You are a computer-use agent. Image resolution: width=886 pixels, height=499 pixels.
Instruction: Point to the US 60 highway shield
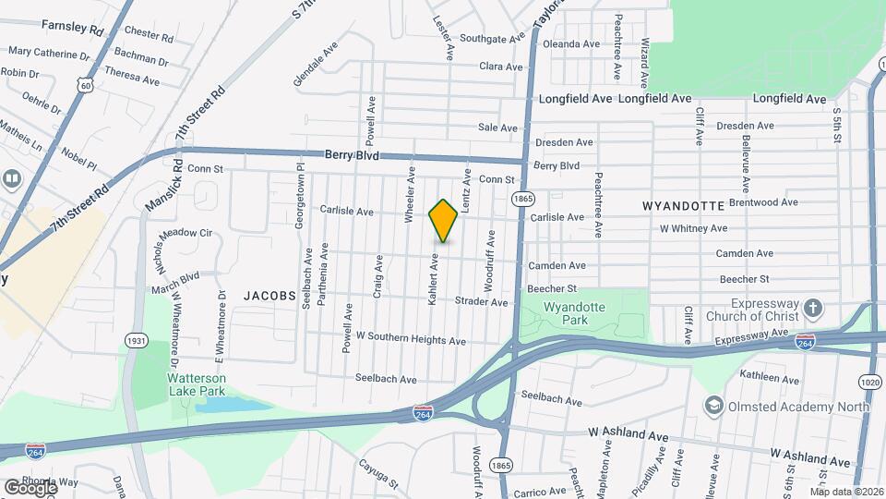[x=86, y=86]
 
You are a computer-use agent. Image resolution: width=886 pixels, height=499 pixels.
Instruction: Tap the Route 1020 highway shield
[x=868, y=380]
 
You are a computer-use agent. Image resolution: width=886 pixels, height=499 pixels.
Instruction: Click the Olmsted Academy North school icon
[x=712, y=406]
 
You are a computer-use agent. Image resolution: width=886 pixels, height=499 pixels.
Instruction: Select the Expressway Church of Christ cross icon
[x=812, y=307]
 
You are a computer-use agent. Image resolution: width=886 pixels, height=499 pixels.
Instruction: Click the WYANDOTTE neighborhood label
[x=677, y=205]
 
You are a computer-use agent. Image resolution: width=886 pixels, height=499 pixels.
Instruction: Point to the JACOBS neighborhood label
[x=269, y=296]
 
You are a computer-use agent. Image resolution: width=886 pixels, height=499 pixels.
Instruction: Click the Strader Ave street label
[x=481, y=302]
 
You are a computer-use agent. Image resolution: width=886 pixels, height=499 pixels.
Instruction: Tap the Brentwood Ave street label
[x=762, y=201]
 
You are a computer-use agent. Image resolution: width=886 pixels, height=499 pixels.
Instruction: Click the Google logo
[x=30, y=487]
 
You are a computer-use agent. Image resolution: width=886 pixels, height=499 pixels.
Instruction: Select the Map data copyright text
[x=846, y=492]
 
